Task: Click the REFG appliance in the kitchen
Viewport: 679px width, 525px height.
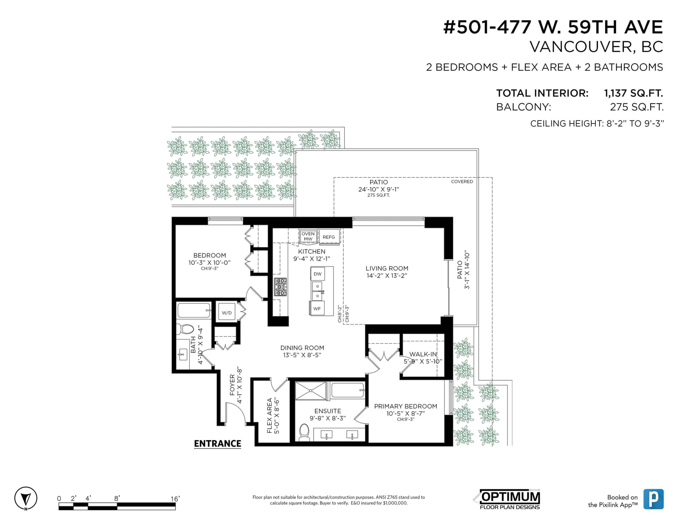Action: (329, 237)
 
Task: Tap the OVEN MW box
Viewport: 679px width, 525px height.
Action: (308, 236)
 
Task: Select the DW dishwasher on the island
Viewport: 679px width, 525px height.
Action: (317, 274)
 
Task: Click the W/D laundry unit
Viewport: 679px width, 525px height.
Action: (227, 312)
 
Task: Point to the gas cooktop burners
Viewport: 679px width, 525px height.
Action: (280, 286)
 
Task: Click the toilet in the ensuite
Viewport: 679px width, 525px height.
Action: (304, 432)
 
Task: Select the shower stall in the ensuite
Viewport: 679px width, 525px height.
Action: (311, 390)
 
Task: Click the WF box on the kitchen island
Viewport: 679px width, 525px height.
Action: (317, 309)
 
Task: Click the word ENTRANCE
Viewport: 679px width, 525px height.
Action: (217, 444)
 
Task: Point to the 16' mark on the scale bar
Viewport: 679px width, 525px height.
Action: (175, 499)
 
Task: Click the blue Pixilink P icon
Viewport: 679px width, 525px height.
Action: (654, 499)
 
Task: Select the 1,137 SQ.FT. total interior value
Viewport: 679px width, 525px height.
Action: (633, 93)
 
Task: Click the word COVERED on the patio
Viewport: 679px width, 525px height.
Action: (462, 182)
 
